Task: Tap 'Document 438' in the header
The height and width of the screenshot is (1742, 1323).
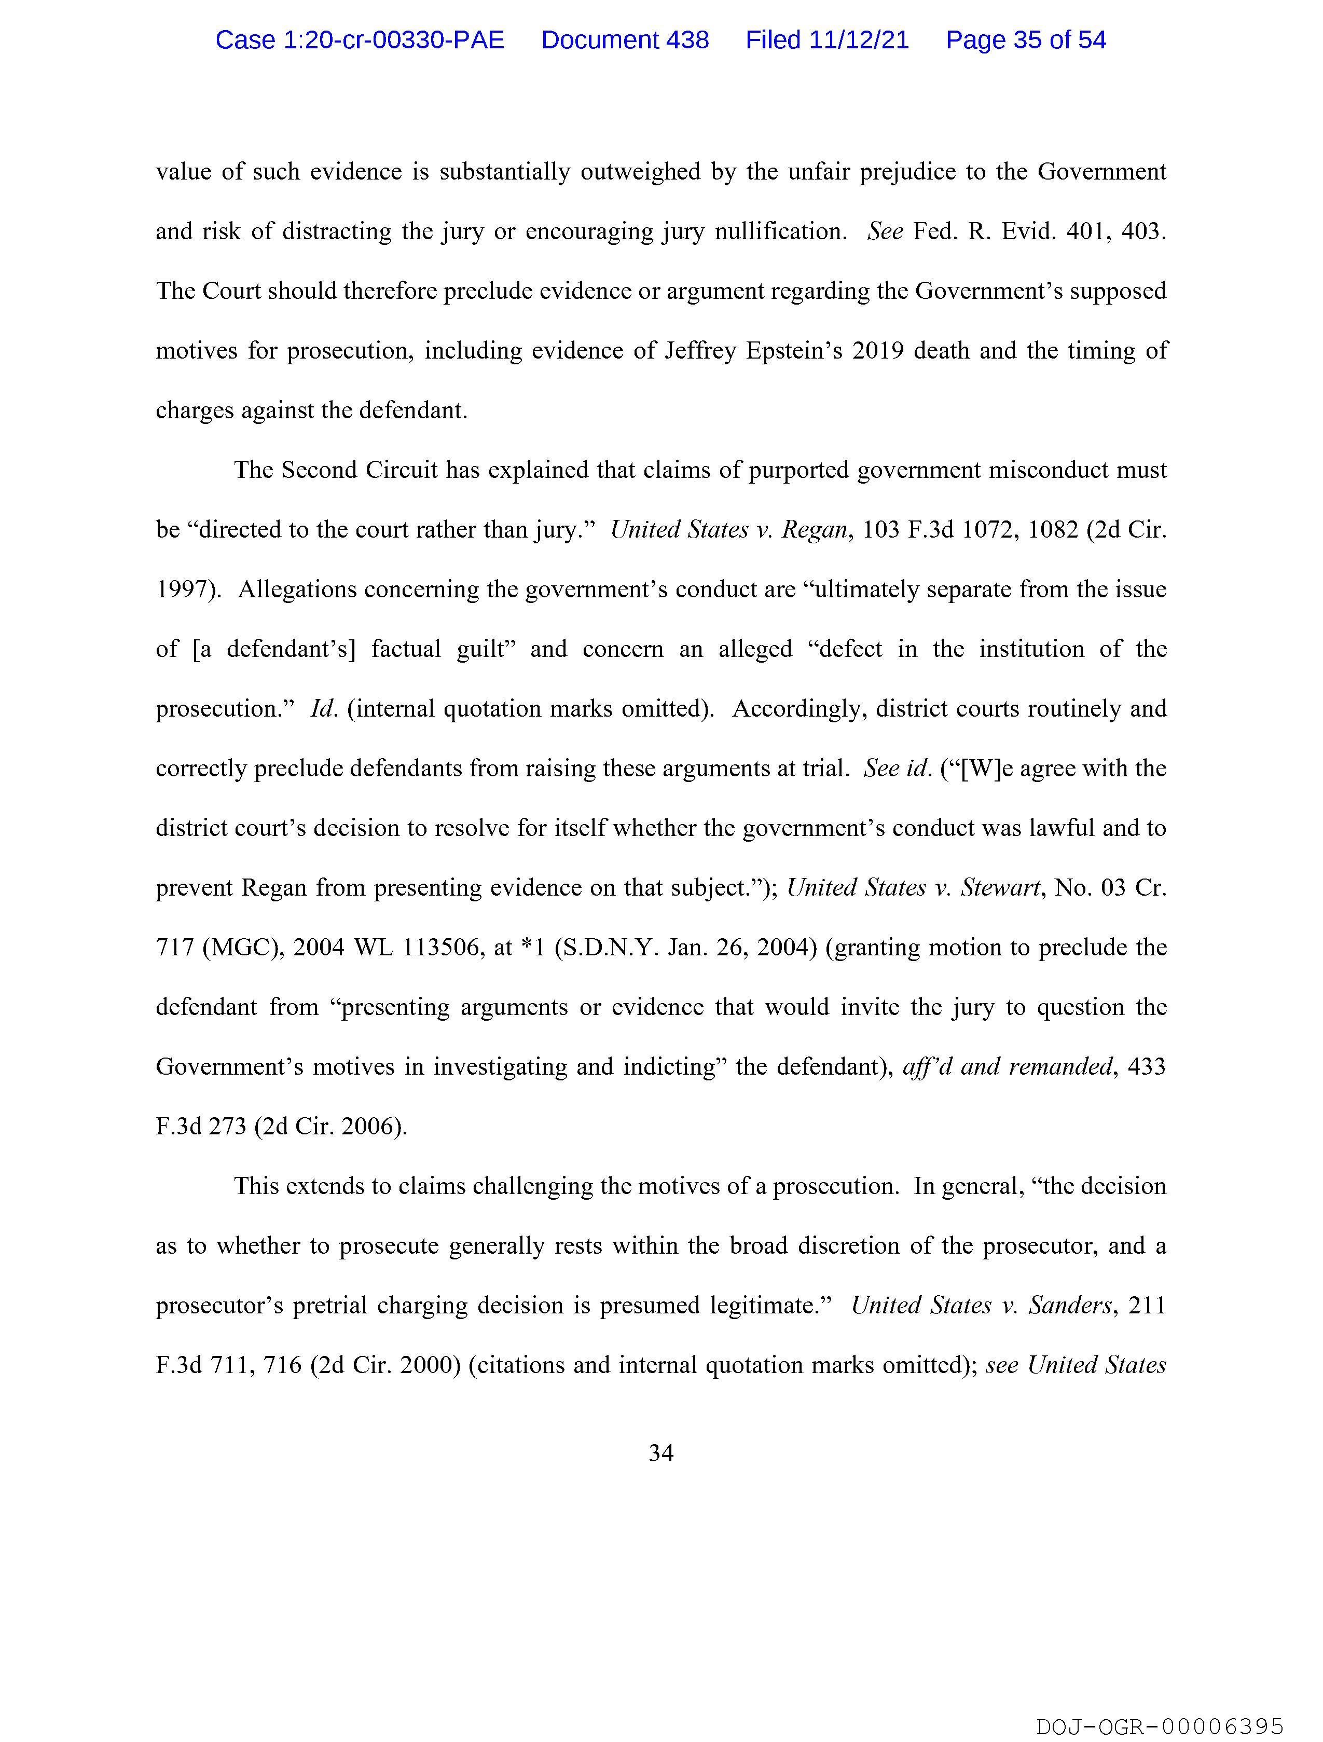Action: (x=625, y=40)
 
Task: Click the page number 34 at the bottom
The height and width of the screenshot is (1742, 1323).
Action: (x=660, y=1453)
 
